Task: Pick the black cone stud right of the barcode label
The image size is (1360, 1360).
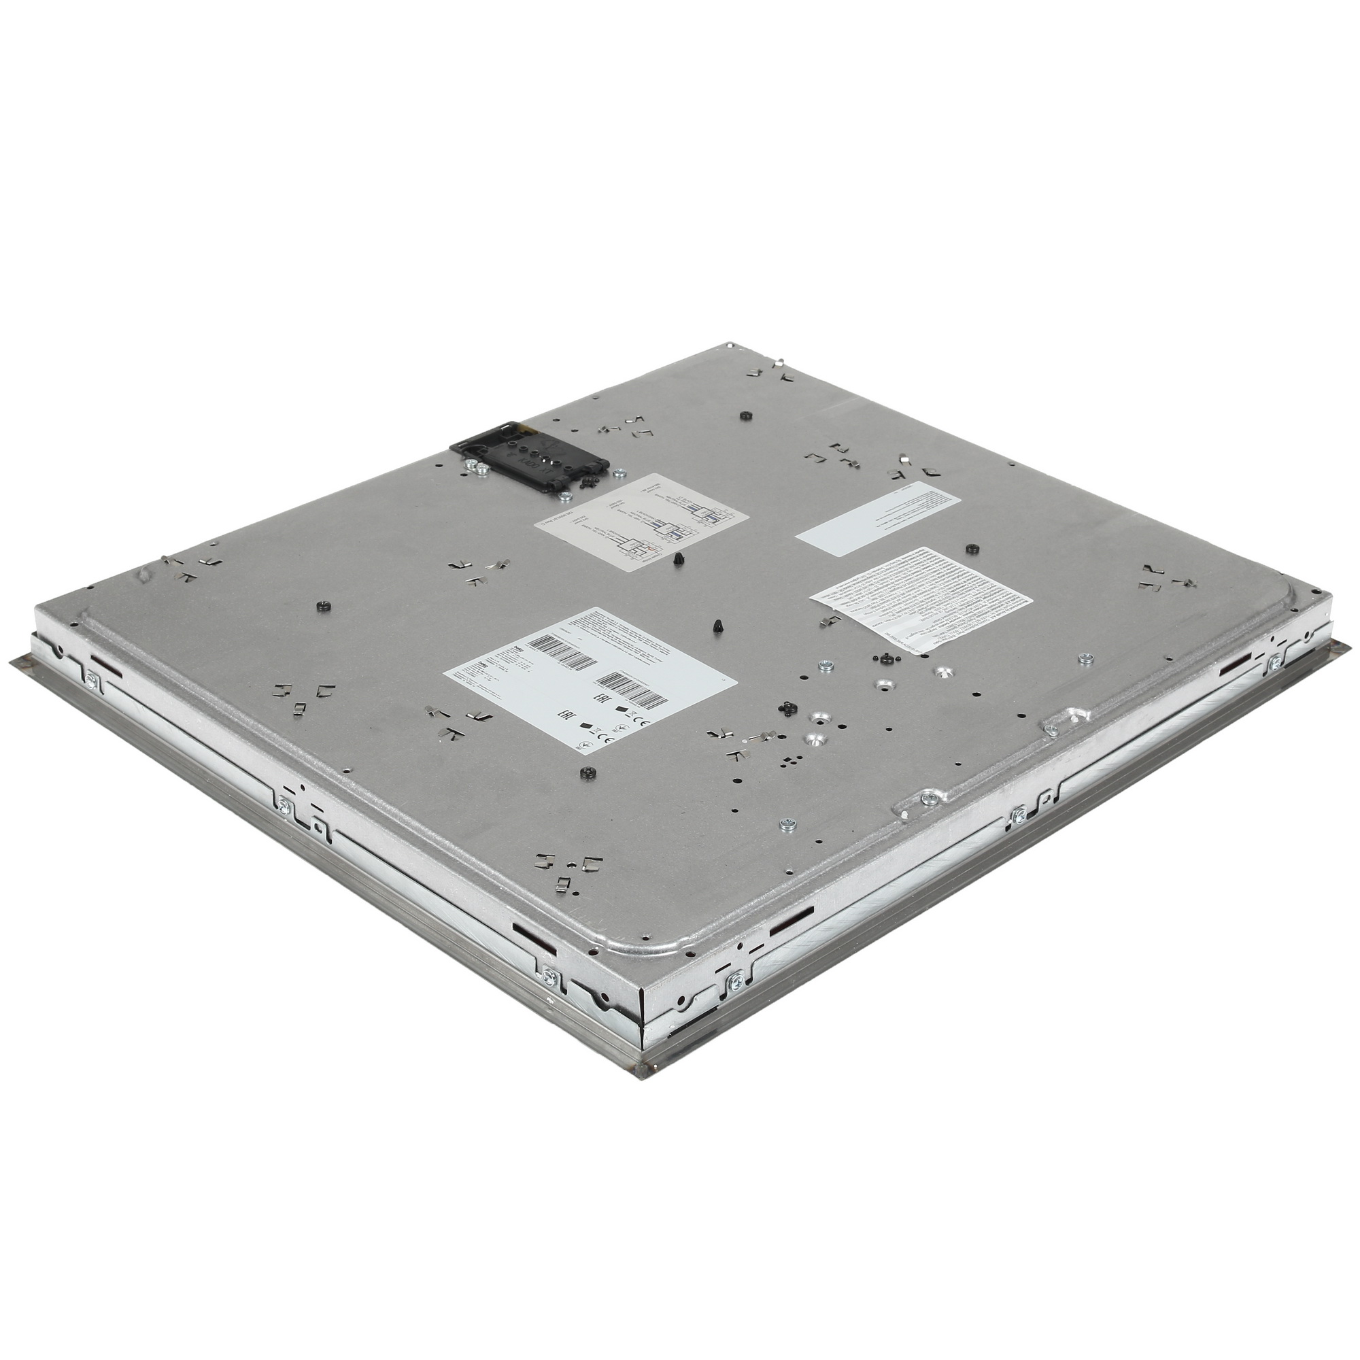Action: click(x=717, y=625)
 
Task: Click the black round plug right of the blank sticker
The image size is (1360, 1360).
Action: click(x=974, y=547)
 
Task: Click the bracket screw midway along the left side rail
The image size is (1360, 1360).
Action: click(x=284, y=805)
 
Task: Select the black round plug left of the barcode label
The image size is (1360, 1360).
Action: click(x=324, y=605)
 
